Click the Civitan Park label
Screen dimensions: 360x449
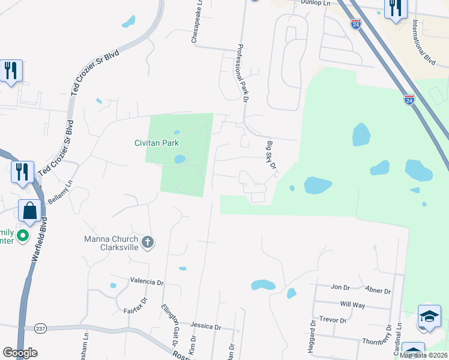pyautogui.click(x=157, y=143)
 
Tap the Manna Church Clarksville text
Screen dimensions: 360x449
pyautogui.click(x=112, y=243)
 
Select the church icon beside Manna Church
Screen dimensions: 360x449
pyautogui.click(x=148, y=242)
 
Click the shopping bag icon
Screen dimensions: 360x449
pyautogui.click(x=29, y=211)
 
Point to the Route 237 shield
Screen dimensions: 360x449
pyautogui.click(x=41, y=328)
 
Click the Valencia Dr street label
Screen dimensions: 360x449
pyautogui.click(x=146, y=281)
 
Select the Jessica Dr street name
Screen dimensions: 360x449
pyautogui.click(x=205, y=326)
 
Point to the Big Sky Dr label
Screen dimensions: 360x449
pyautogui.click(x=271, y=155)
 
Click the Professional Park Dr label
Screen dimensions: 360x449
pyautogui.click(x=242, y=74)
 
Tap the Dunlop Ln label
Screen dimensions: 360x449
pyautogui.click(x=315, y=4)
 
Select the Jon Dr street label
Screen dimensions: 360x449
pyautogui.click(x=340, y=287)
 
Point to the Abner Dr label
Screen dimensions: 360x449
pyautogui.click(x=378, y=291)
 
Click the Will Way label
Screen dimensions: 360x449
pyautogui.click(x=352, y=305)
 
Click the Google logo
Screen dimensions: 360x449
pyautogui.click(x=20, y=353)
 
